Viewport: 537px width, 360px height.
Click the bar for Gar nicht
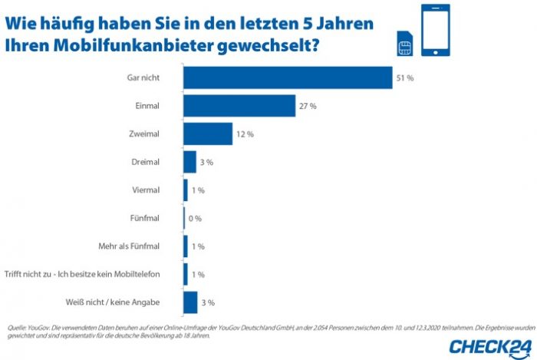click(288, 78)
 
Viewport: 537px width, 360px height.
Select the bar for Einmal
click(239, 106)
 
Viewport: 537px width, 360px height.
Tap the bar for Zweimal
click(208, 134)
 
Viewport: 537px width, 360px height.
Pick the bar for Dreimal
click(190, 162)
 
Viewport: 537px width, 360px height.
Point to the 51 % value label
click(405, 78)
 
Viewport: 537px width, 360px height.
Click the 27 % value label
click(308, 106)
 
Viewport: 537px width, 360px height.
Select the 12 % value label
click(245, 134)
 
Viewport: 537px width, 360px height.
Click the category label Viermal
click(147, 190)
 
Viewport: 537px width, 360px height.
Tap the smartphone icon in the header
click(436, 30)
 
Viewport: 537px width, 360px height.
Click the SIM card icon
click(404, 45)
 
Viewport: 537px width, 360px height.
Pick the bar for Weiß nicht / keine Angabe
click(190, 302)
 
